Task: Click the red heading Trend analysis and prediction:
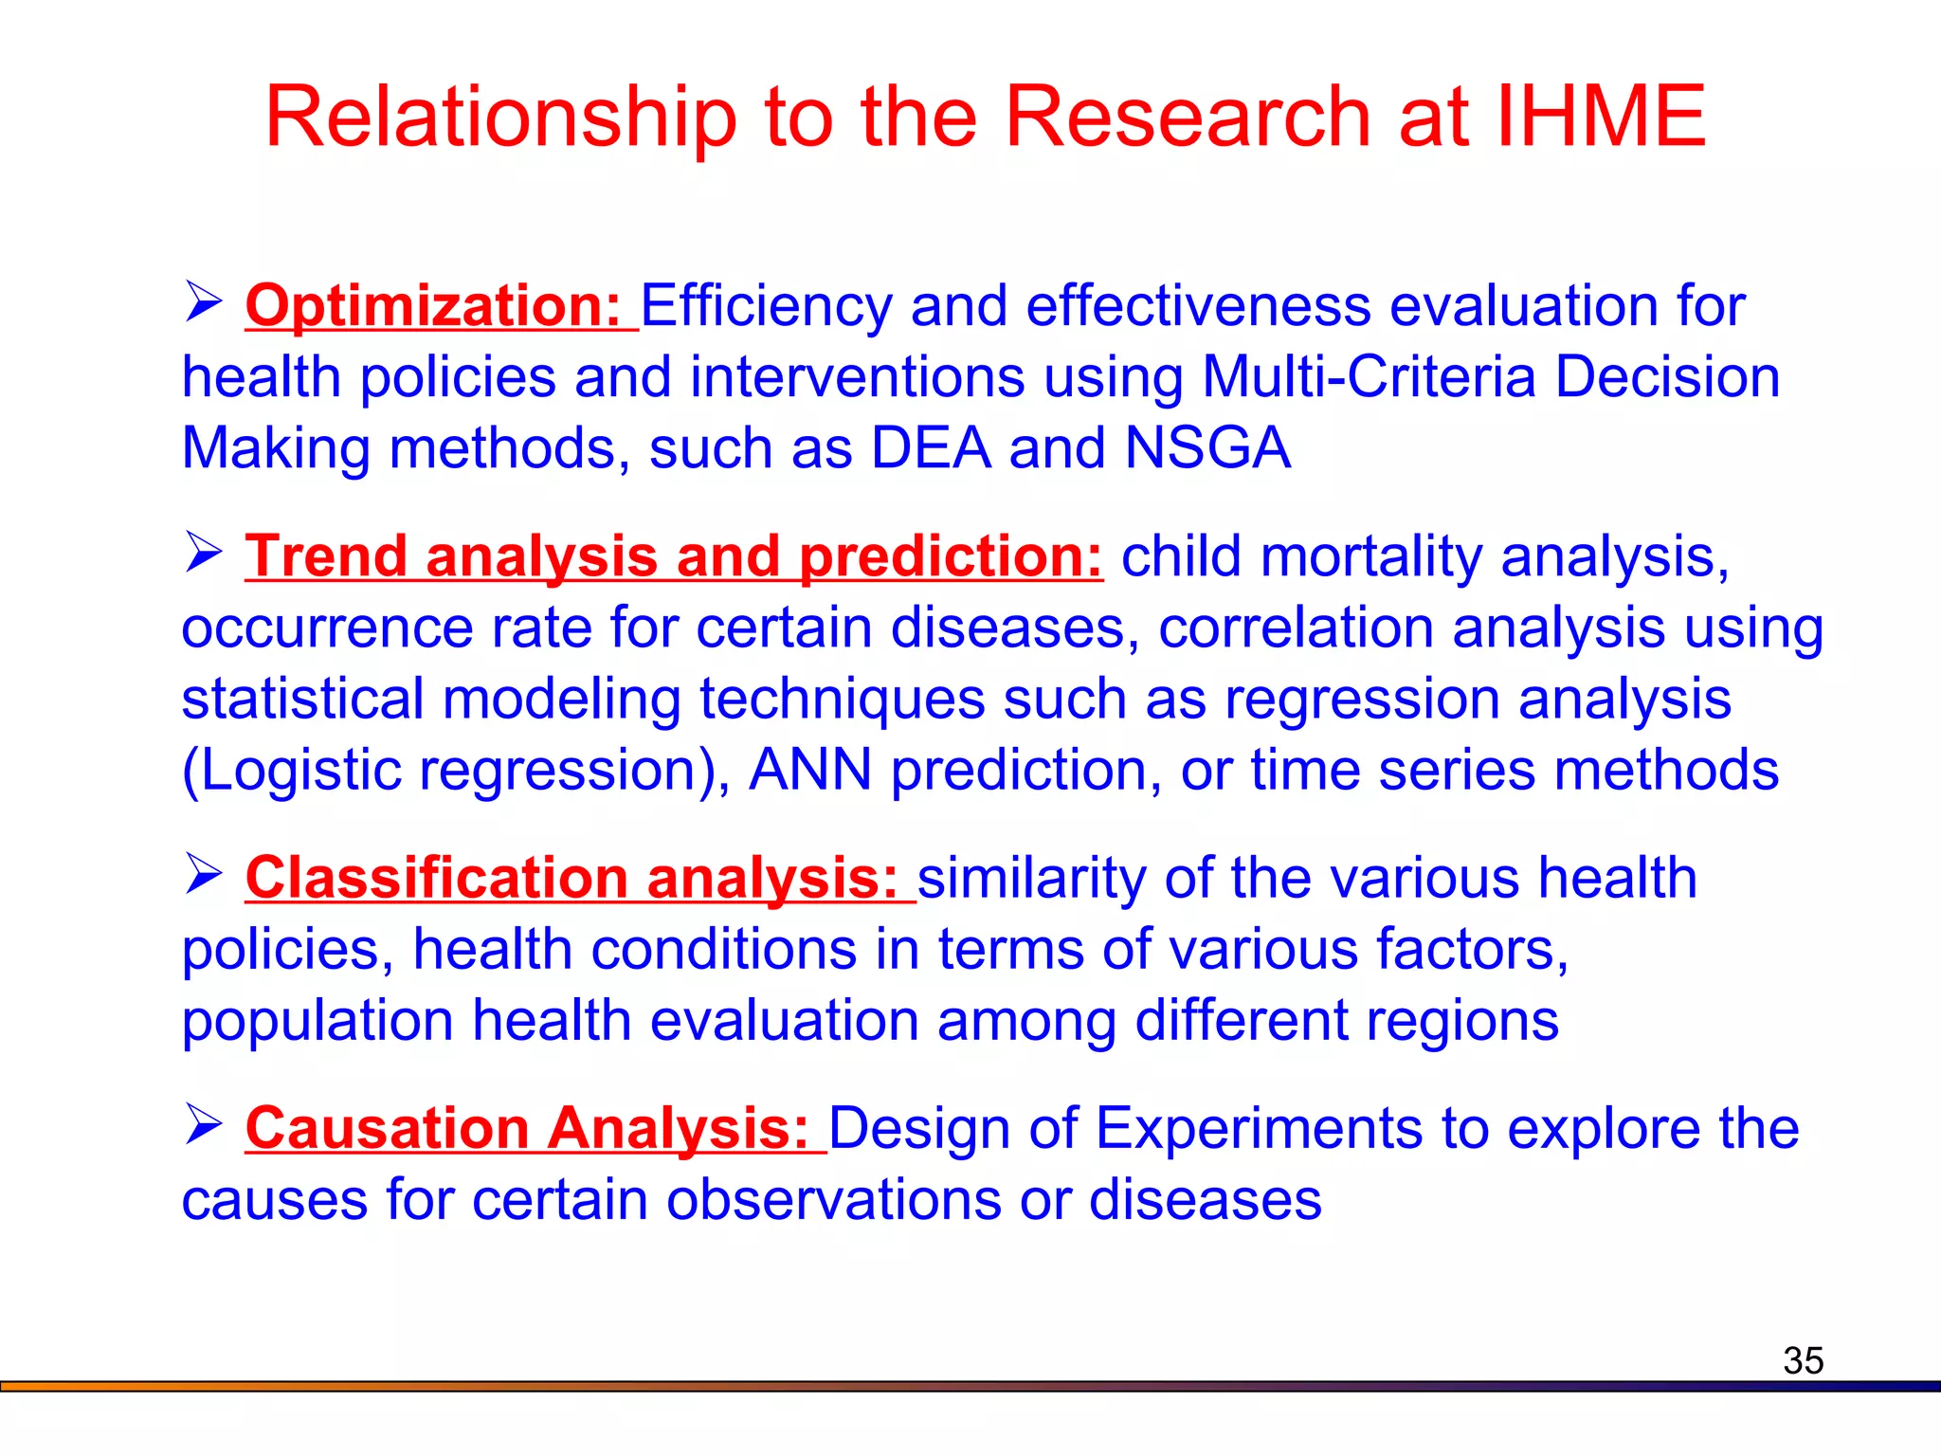tap(674, 556)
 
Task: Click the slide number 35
tap(1803, 1360)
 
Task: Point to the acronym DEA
tap(931, 447)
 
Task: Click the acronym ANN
tap(809, 770)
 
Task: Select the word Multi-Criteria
tap(1369, 377)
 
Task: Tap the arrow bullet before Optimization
tap(203, 302)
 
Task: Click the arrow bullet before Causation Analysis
tap(203, 1124)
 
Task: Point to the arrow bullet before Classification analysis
tap(203, 874)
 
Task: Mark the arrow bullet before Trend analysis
tap(203, 553)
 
